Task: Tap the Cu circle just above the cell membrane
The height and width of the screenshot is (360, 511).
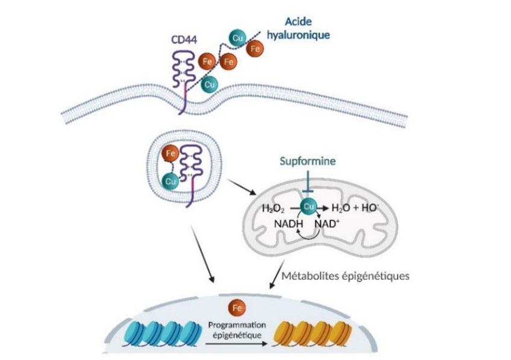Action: (210, 84)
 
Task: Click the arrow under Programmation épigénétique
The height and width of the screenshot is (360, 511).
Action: (237, 344)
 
